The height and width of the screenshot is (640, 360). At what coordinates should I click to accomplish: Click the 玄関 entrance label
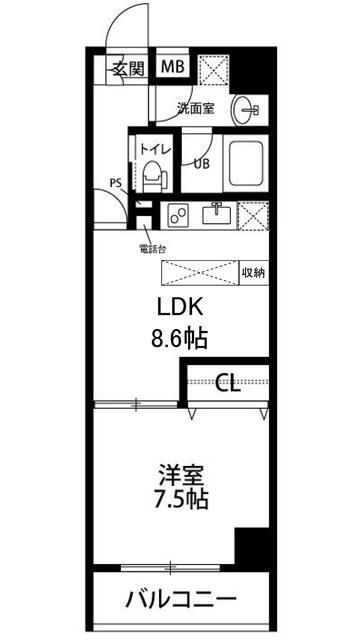[x=127, y=69]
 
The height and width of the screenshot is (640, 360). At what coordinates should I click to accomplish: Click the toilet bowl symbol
[x=153, y=177]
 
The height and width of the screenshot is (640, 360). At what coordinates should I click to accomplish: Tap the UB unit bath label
[x=201, y=165]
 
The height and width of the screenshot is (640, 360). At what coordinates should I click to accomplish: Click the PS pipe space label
[x=115, y=183]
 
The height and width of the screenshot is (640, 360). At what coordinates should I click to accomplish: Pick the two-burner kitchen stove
[x=181, y=215]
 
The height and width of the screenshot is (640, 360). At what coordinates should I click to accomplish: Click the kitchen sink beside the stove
[x=218, y=214]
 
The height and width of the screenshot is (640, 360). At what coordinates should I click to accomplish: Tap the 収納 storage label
[x=253, y=272]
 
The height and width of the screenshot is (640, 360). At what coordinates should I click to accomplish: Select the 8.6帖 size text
[x=179, y=338]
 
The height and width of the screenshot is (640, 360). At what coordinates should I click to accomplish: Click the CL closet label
[x=228, y=382]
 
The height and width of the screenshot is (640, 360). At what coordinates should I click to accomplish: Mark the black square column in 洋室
[x=253, y=548]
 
